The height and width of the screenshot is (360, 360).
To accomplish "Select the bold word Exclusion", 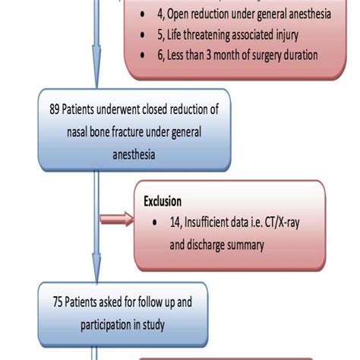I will [x=163, y=201].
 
